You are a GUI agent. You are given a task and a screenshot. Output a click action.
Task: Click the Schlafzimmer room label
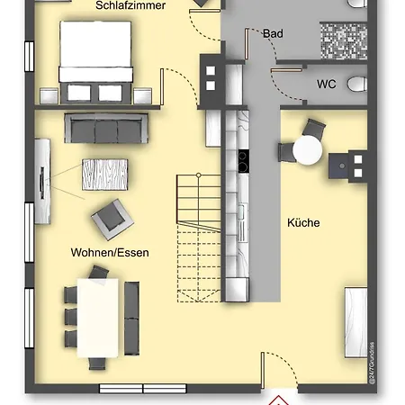click(130, 5)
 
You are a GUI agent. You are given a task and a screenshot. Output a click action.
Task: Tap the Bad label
click(273, 33)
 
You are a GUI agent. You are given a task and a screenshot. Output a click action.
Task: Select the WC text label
click(327, 84)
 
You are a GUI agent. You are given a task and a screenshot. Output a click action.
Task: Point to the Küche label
click(303, 222)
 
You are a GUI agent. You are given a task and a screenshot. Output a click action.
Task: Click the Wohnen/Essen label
click(110, 253)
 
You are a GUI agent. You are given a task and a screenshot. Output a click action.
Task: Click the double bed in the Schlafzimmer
click(95, 62)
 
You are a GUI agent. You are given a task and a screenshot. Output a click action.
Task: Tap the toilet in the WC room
click(357, 84)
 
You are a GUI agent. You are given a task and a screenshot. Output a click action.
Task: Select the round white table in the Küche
click(308, 150)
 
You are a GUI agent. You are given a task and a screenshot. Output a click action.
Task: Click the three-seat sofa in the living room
click(106, 128)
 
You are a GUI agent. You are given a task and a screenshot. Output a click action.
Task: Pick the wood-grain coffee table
click(105, 175)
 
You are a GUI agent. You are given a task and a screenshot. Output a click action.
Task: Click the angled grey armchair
click(112, 220)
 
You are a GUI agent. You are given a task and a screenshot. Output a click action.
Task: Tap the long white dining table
click(98, 318)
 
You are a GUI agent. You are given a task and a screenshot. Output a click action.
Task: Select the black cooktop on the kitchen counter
click(244, 161)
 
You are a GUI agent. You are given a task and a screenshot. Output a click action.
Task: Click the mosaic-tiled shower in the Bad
click(344, 40)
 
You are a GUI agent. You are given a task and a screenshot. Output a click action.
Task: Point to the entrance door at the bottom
click(263, 371)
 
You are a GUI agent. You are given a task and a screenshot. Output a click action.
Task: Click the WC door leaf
click(286, 70)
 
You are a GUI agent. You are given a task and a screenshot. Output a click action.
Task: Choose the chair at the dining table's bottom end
click(97, 364)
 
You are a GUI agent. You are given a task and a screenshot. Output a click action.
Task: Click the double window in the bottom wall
click(143, 389)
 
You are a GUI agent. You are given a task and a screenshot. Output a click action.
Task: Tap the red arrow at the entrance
click(279, 400)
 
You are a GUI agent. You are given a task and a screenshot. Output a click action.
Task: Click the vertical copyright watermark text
click(373, 363)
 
